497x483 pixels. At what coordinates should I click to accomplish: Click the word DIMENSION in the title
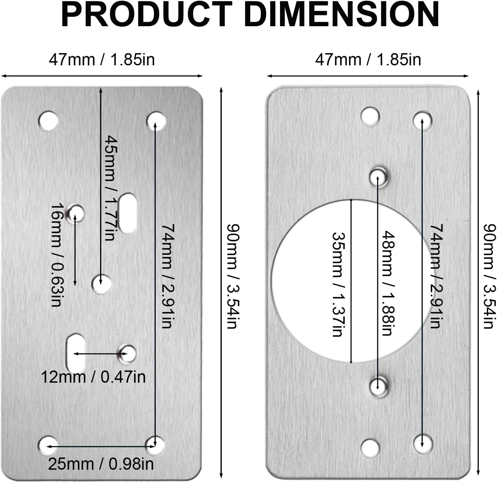(x=341, y=15)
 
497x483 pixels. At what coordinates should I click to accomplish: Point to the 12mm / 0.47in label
(x=93, y=377)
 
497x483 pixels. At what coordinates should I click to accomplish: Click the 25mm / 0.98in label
(x=101, y=464)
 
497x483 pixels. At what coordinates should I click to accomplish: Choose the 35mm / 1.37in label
(x=337, y=284)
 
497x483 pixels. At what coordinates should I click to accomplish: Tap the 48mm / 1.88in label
(x=387, y=283)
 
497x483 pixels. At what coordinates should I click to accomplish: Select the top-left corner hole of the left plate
(x=48, y=121)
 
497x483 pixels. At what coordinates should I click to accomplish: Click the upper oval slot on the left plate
(x=127, y=213)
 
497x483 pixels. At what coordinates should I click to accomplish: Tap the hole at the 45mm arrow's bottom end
(x=101, y=284)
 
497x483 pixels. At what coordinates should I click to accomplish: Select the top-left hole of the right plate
(x=370, y=116)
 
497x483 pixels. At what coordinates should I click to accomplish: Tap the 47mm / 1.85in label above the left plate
(x=101, y=60)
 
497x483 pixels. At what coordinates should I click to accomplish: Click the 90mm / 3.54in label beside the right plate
(x=489, y=276)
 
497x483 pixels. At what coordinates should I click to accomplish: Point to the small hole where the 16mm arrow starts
(x=76, y=213)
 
